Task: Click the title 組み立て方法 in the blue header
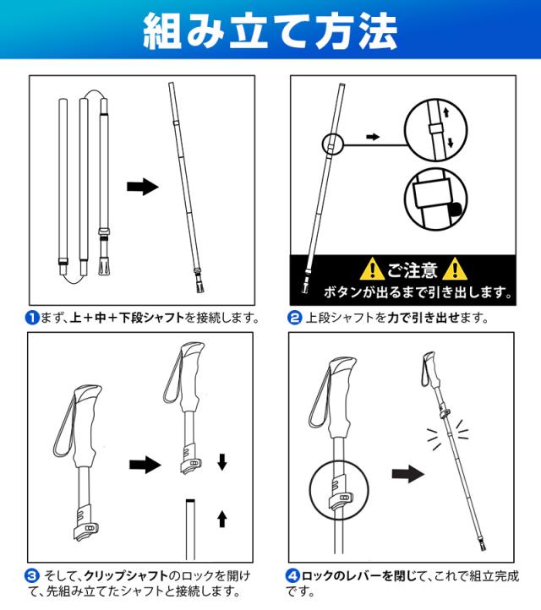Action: pos(270,30)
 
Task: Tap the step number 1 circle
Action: pos(32,318)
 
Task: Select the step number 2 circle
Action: pos(295,318)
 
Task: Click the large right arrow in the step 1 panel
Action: pos(143,187)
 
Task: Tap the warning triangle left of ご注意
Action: pos(373,270)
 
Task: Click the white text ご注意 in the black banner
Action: pos(413,270)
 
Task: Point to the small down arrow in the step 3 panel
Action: pos(222,461)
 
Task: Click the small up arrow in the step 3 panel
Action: pos(222,518)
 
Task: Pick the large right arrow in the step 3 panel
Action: pos(145,465)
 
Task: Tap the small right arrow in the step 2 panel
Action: pos(372,135)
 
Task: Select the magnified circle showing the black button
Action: pos(437,199)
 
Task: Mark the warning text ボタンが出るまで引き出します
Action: pos(418,293)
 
